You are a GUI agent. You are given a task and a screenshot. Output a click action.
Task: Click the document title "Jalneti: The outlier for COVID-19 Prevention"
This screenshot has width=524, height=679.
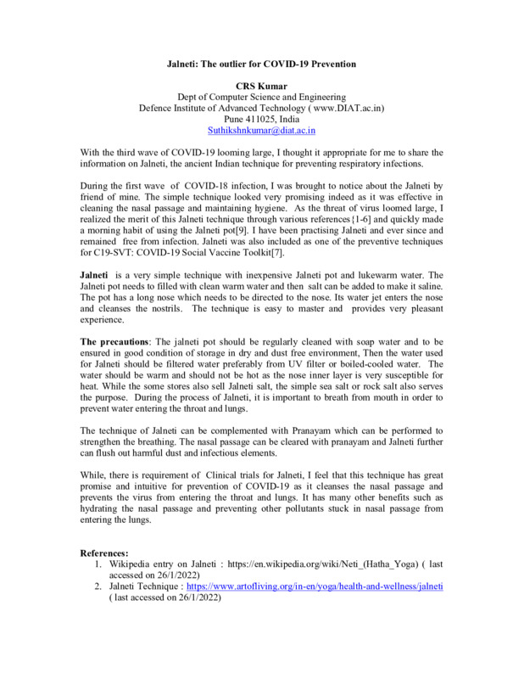click(261, 65)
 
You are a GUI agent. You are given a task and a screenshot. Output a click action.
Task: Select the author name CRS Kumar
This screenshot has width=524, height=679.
click(261, 87)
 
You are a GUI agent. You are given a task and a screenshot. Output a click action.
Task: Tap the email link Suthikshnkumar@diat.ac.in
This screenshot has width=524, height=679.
click(261, 131)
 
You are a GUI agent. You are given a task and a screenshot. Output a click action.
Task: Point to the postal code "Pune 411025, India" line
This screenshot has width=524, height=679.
click(261, 120)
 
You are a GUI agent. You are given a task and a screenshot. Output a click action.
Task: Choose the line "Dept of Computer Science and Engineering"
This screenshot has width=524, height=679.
click(261, 98)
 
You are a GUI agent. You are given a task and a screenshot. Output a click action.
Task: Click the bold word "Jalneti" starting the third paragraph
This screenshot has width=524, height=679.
click(94, 276)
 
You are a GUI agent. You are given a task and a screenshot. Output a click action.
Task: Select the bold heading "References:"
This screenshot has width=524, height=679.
click(103, 553)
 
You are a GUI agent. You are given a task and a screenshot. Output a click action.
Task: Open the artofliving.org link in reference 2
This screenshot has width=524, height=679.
click(315, 586)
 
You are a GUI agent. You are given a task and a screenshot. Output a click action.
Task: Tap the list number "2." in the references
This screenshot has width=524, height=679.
click(99, 586)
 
